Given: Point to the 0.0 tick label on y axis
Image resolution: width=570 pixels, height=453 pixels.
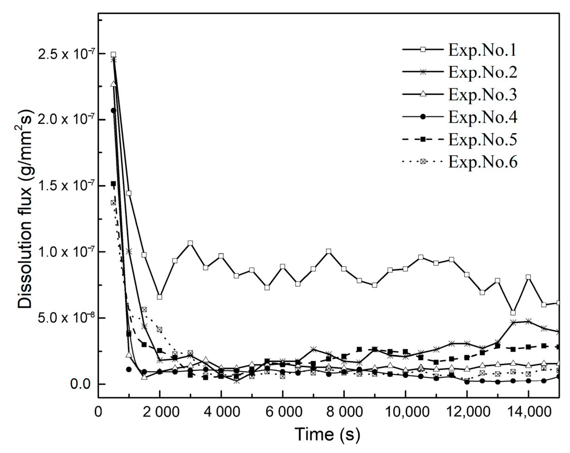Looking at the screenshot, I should pos(80,384).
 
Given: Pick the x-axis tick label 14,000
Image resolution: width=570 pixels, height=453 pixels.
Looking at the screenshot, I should pos(528,412).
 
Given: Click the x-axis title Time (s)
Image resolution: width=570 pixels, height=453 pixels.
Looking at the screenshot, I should pos(327,434).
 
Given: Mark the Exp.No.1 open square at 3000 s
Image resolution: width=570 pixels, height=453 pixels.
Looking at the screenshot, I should pos(190,243).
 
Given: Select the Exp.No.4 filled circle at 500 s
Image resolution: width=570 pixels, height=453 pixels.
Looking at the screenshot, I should pos(113,110).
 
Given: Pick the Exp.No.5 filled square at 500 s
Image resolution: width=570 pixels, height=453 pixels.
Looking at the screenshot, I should pos(113,184).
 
